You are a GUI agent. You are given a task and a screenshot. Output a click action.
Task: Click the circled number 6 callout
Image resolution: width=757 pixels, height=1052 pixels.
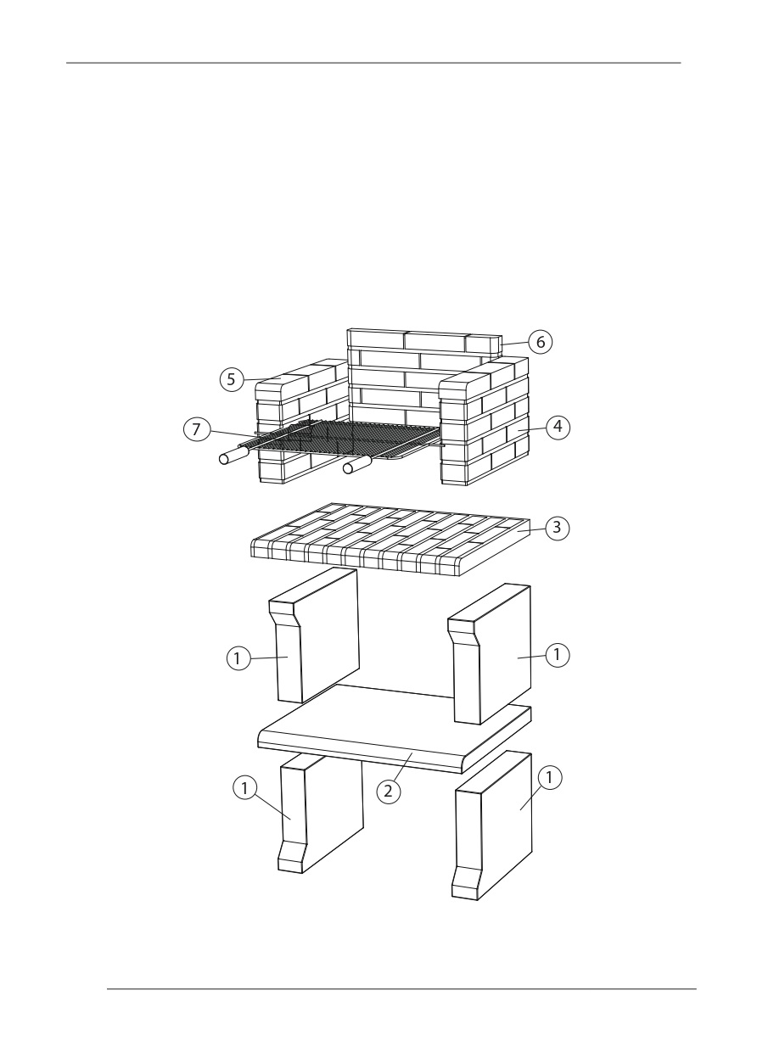point(540,342)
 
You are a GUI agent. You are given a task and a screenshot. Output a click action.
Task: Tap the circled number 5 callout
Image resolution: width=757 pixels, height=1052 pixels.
point(231,378)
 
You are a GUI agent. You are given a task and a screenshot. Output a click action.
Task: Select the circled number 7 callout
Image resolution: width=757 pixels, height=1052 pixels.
point(195,429)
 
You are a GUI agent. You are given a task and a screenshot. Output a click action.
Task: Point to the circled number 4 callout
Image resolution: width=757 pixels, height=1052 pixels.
point(558,427)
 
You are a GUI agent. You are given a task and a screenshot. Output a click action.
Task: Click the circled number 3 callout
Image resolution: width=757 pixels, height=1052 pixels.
point(557,528)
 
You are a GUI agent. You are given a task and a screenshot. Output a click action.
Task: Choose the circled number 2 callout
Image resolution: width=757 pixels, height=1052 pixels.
point(388,792)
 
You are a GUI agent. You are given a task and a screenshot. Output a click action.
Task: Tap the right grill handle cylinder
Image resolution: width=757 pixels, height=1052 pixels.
point(357,464)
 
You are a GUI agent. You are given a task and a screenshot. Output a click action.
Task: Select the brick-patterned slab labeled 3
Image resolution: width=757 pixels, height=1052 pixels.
point(390,540)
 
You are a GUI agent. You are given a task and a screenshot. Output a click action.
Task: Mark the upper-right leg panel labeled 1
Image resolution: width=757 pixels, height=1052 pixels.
point(490,654)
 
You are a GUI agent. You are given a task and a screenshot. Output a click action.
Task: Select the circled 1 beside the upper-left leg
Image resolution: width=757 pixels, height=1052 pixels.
point(238,658)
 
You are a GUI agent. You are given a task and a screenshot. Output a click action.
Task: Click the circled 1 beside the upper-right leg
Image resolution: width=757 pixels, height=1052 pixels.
point(558,654)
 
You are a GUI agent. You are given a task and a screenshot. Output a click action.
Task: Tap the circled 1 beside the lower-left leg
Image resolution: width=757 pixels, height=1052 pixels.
point(244,787)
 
